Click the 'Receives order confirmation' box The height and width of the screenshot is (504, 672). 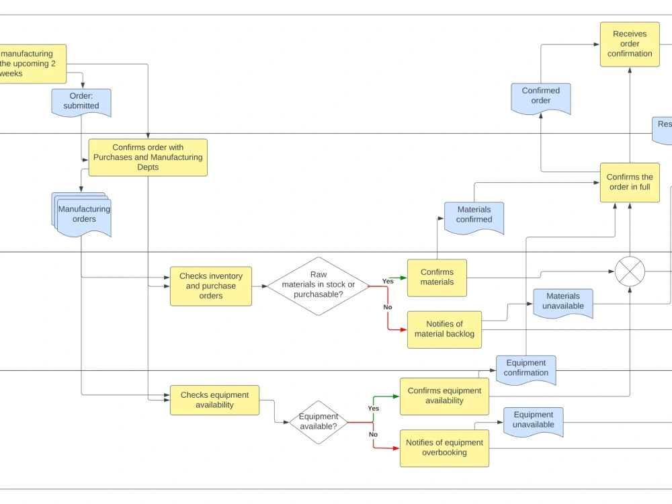click(630, 44)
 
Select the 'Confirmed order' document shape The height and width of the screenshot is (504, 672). click(541, 97)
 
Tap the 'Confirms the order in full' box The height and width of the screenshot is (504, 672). click(630, 182)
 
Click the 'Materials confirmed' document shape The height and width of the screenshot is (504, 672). click(474, 216)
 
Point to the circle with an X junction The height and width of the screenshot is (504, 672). click(630, 271)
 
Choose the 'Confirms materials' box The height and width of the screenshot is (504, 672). click(437, 278)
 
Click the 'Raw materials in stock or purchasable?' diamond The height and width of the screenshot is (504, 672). click(319, 286)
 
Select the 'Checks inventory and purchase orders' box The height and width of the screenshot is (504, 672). click(211, 286)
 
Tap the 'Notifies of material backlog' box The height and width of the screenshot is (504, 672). click(444, 329)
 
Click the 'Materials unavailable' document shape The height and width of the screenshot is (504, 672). click(563, 302)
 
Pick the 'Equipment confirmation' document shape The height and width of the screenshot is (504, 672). click(526, 368)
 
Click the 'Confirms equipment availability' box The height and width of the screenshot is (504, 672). click(444, 396)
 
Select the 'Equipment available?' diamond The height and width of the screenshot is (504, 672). click(319, 422)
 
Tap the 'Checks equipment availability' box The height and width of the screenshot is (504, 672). click(214, 400)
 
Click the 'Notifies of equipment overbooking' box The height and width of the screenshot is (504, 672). click(444, 448)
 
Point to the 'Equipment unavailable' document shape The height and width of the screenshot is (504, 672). click(534, 421)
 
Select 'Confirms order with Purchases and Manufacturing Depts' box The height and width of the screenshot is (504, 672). click(148, 157)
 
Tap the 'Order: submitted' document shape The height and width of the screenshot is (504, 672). click(81, 101)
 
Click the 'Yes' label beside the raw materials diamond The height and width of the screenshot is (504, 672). click(388, 281)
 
